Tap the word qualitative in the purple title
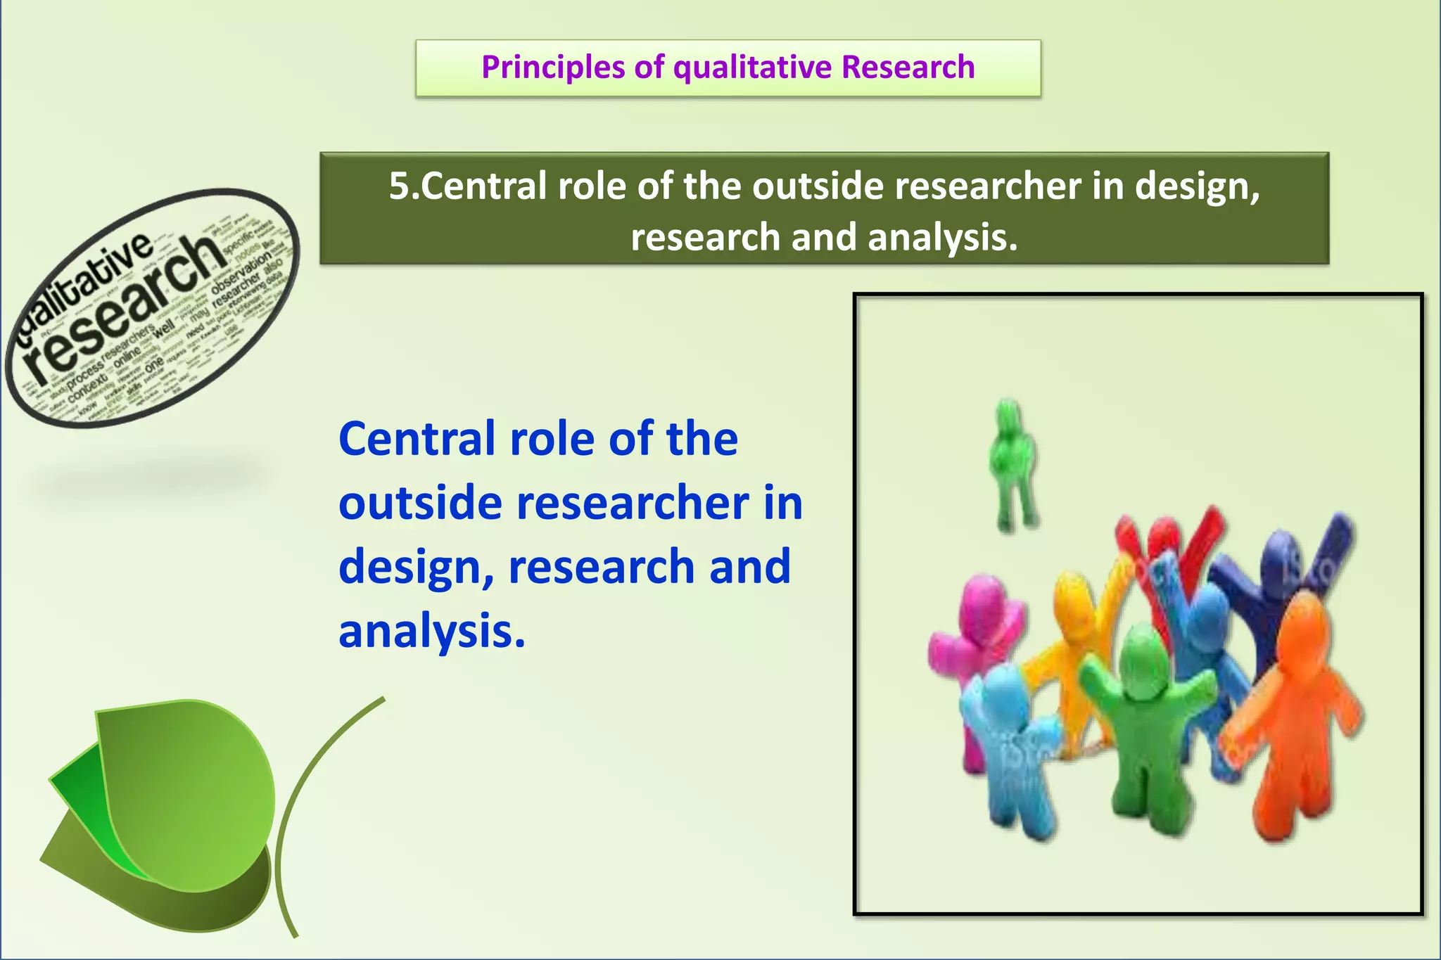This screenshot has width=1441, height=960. (x=752, y=68)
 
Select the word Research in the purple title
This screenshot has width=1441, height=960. (x=908, y=68)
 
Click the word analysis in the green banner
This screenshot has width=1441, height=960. (x=941, y=238)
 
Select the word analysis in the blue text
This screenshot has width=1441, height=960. (x=431, y=631)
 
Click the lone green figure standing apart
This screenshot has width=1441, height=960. (x=1013, y=464)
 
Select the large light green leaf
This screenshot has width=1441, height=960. (x=190, y=788)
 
